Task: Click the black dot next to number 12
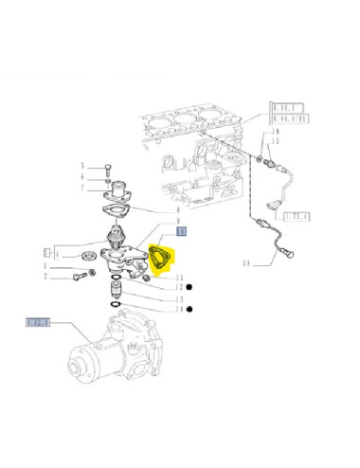tap(190, 287)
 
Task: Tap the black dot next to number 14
tap(190, 309)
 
